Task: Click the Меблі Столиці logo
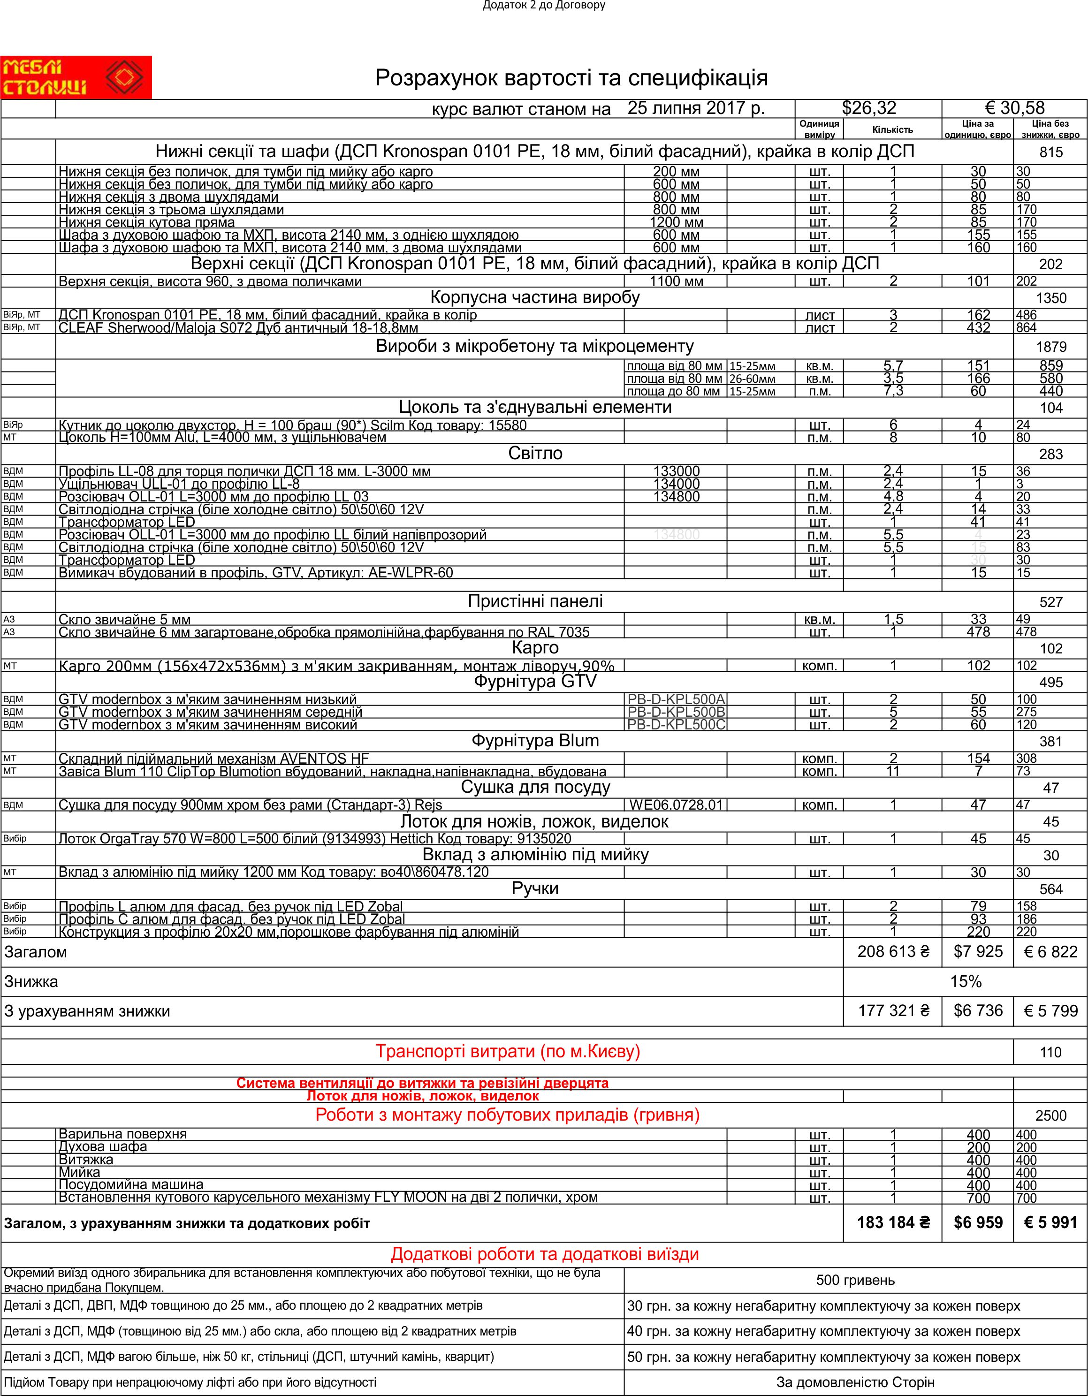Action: coord(76,77)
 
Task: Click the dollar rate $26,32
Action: coord(869,108)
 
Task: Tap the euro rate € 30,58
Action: coord(1014,108)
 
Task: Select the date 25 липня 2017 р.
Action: coord(695,108)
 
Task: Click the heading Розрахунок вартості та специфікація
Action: coord(571,78)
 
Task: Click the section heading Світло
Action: coord(535,454)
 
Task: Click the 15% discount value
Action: coord(965,982)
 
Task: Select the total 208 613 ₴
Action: coord(893,952)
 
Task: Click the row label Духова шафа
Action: coord(102,1147)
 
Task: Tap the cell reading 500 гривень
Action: coord(855,1280)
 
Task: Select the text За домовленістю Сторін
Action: coord(855,1382)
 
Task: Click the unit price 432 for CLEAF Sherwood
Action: coord(978,328)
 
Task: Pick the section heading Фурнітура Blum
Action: coord(535,741)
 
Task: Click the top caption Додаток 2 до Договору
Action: coord(543,6)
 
